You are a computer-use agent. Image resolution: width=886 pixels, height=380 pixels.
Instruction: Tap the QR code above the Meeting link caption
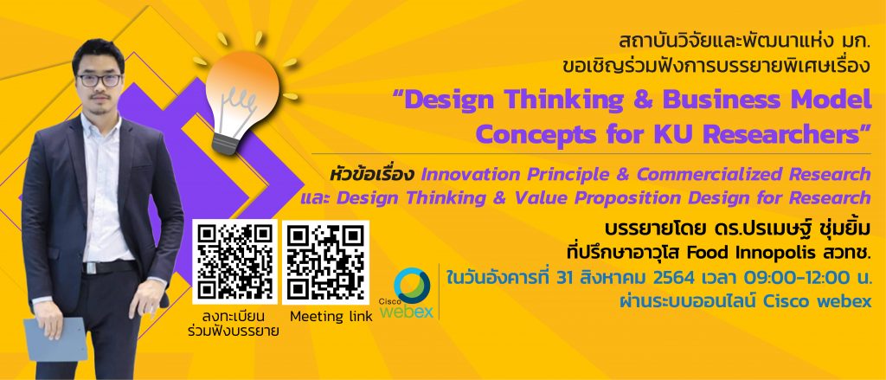click(x=325, y=261)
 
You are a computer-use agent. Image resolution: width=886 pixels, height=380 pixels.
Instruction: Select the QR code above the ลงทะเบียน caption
click(x=234, y=261)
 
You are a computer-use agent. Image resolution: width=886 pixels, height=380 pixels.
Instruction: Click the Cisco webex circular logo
click(x=412, y=286)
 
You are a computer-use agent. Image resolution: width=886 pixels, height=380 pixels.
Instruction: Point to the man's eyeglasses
click(x=100, y=81)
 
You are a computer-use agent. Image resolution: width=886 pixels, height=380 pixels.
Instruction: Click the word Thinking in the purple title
click(x=568, y=100)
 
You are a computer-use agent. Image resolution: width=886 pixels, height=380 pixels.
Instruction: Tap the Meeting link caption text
click(x=331, y=317)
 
